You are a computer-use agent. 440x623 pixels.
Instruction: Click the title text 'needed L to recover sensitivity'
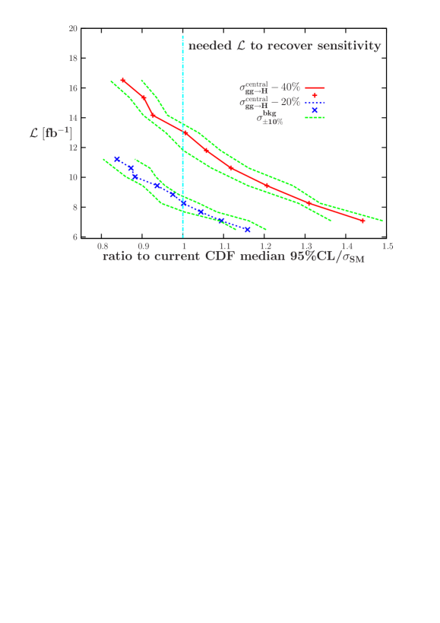(x=284, y=46)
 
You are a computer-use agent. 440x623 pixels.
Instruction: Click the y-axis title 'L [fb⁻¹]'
(x=52, y=134)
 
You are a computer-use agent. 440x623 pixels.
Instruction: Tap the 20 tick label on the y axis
(x=74, y=29)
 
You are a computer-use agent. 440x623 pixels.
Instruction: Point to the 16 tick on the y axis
(x=74, y=88)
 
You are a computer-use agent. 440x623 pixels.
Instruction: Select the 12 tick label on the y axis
(x=74, y=148)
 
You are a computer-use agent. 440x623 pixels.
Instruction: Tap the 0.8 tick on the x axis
(x=103, y=247)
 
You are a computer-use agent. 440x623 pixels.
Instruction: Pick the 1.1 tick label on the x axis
(x=225, y=247)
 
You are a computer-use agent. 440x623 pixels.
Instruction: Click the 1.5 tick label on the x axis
(x=387, y=247)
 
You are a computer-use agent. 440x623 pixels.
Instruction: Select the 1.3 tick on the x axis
(x=306, y=247)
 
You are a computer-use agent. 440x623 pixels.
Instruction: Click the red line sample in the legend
(x=315, y=88)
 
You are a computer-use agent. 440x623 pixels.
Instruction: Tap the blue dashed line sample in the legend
(x=315, y=103)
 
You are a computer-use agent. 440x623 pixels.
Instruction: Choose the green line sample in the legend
(x=315, y=117)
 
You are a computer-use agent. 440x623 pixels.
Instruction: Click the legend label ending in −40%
(x=269, y=87)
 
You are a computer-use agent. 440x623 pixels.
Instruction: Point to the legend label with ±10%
(x=270, y=118)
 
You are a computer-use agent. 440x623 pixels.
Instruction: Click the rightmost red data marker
(x=362, y=221)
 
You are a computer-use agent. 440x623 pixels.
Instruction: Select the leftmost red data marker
(x=123, y=80)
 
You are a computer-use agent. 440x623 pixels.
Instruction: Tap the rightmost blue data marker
(x=247, y=229)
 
